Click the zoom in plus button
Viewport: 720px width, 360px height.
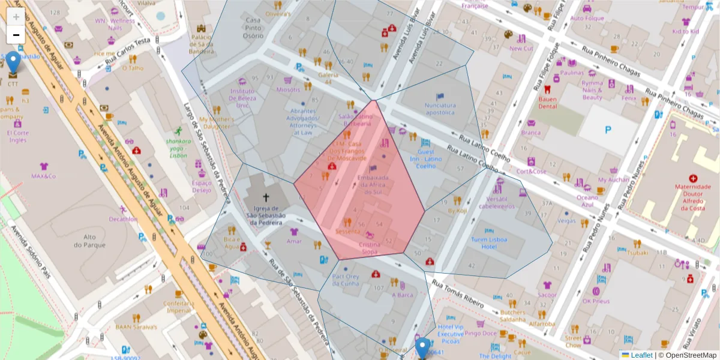[16, 17]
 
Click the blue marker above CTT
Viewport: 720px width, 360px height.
[13, 62]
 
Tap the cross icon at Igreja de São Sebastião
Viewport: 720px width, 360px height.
[266, 196]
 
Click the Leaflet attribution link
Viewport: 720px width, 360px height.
[641, 355]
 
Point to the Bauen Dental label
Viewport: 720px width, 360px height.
[547, 103]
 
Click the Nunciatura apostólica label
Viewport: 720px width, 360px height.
[440, 109]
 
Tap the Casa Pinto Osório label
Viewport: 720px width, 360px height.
[253, 28]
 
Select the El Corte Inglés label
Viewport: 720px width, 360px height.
[17, 136]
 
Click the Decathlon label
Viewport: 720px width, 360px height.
[123, 219]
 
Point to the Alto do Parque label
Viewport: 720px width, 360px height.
[85, 241]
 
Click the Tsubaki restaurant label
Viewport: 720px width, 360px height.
[638, 253]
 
